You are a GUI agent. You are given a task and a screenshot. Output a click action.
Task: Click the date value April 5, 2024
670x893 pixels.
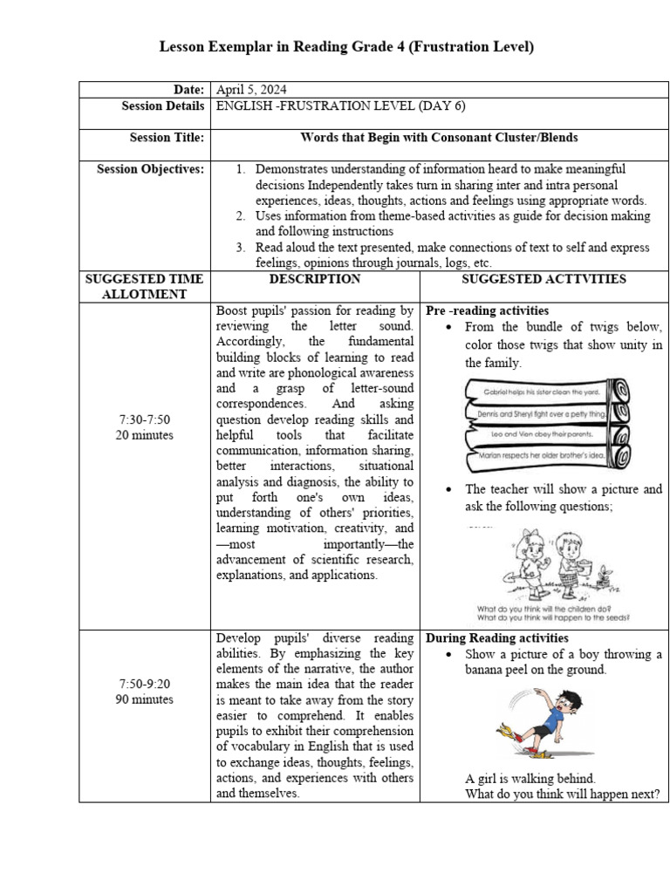point(250,90)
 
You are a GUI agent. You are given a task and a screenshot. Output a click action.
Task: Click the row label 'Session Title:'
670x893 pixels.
point(167,138)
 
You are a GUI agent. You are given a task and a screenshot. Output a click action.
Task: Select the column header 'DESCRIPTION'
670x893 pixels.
point(314,279)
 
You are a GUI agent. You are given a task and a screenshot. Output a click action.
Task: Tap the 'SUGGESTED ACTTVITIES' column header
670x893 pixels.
point(544,279)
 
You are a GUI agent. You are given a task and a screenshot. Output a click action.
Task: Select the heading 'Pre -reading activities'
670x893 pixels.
point(487,310)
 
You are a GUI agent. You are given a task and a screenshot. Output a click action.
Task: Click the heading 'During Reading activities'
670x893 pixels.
point(496,638)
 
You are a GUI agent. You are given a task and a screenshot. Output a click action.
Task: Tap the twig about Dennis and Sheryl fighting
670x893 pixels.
point(541,414)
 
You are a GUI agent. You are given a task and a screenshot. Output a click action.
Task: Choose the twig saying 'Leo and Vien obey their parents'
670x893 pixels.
point(541,433)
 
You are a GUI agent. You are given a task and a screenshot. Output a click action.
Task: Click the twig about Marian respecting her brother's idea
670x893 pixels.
point(541,455)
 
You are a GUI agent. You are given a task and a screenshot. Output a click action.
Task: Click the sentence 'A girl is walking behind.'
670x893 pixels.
point(530,779)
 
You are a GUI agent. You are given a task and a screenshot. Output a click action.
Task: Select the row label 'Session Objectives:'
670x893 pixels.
point(150,169)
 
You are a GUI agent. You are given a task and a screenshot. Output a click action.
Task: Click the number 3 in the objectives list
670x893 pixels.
point(241,248)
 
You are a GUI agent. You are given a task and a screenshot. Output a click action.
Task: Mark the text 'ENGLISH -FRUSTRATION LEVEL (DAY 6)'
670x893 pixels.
point(340,106)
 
